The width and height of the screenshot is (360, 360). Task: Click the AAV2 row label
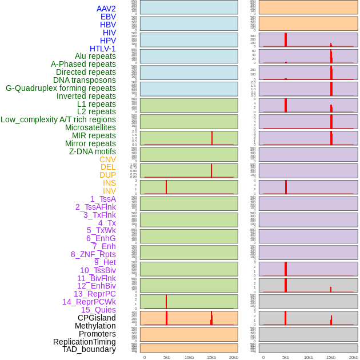pyautogui.click(x=106, y=9)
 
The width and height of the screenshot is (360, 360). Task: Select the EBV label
pyautogui.click(x=108, y=17)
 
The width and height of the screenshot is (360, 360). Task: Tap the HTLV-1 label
pyautogui.click(x=102, y=49)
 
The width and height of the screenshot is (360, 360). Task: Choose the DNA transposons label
pyautogui.click(x=85, y=80)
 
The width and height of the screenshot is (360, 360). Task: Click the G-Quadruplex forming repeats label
pyautogui.click(x=61, y=88)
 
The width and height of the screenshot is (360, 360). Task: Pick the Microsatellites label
pyautogui.click(x=90, y=127)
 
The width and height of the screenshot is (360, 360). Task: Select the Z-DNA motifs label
pyautogui.click(x=92, y=151)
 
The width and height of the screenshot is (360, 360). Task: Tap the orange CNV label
pyautogui.click(x=107, y=159)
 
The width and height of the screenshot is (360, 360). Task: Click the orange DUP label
pyautogui.click(x=107, y=175)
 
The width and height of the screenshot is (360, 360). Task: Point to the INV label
pyautogui.click(x=109, y=191)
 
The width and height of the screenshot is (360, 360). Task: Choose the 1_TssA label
pyautogui.click(x=103, y=199)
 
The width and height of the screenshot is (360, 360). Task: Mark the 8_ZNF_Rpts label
pyautogui.click(x=93, y=254)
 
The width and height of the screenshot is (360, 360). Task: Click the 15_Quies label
pyautogui.click(x=98, y=310)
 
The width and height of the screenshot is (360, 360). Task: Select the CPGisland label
pyautogui.click(x=97, y=318)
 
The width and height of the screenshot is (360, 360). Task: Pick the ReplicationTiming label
pyautogui.click(x=84, y=342)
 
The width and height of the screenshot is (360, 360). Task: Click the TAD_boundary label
pyautogui.click(x=89, y=349)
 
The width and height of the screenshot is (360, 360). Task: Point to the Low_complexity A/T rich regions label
pyautogui.click(x=58, y=119)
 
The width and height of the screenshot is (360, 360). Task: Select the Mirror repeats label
pyautogui.click(x=90, y=143)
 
